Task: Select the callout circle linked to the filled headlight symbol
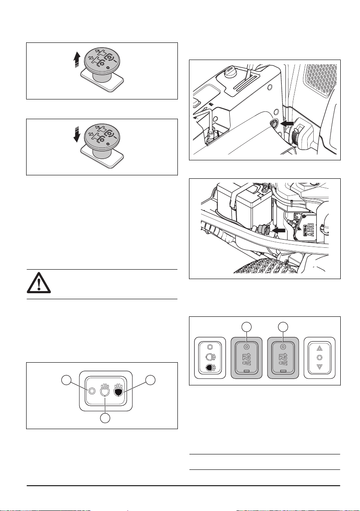pos(150,380)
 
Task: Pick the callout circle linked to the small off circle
pos(67,380)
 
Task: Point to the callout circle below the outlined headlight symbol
pos(105,418)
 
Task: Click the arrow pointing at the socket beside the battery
pos(279,230)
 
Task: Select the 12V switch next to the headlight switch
pos(246,358)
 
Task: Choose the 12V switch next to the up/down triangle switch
pos(283,358)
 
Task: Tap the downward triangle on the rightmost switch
pos(319,367)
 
